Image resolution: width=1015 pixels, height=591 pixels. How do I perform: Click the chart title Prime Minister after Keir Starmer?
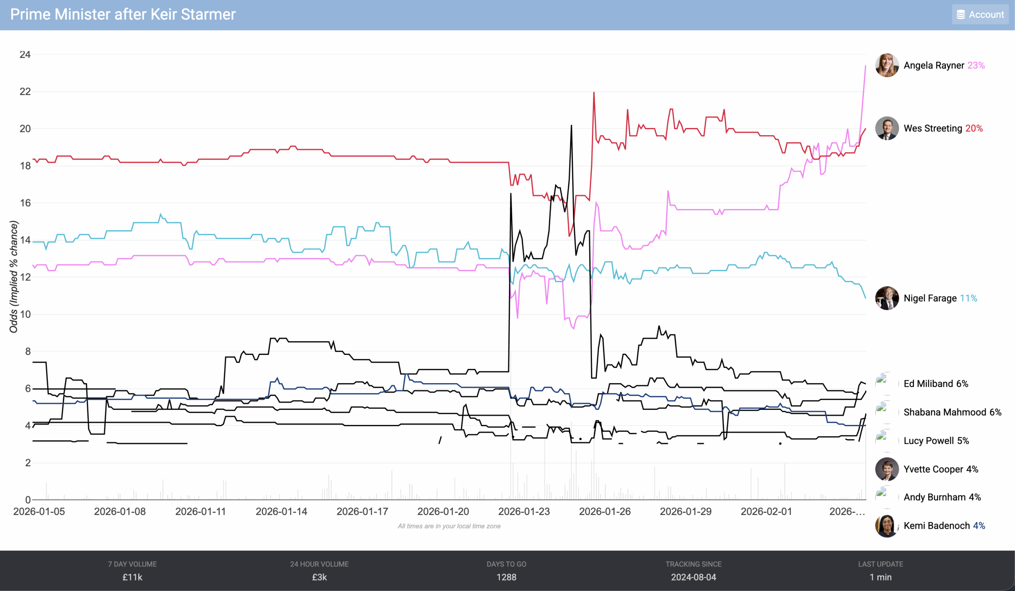pos(123,15)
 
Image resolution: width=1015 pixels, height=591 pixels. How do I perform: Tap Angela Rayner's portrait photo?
pos(887,65)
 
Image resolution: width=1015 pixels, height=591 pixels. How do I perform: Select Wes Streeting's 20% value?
pos(973,128)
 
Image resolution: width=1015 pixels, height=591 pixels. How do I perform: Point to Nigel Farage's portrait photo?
pos(887,298)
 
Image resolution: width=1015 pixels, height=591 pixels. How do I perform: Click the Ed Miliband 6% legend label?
pos(936,383)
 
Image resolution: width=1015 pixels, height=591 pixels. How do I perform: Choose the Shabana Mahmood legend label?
pos(952,412)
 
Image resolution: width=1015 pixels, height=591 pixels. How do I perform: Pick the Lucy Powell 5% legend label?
pos(936,440)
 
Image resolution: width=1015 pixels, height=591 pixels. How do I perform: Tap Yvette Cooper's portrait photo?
pos(887,469)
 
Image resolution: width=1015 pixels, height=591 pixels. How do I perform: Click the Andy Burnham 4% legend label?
pos(942,497)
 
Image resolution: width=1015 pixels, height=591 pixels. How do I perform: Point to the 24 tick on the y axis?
pos(25,54)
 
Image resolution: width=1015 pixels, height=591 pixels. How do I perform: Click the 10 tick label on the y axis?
pos(25,314)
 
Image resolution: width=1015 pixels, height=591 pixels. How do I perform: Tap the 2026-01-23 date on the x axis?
pos(524,511)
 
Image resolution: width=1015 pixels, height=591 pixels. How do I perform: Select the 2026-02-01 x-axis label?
pos(766,511)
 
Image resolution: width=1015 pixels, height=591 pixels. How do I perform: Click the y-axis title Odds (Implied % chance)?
pos(14,277)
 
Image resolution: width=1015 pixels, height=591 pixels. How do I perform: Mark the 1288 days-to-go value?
pos(506,577)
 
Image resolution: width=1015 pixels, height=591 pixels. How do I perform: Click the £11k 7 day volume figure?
pos(132,577)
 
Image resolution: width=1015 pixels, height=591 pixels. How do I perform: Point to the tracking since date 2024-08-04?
pos(693,577)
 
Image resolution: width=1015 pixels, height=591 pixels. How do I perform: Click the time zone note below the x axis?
pos(449,526)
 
